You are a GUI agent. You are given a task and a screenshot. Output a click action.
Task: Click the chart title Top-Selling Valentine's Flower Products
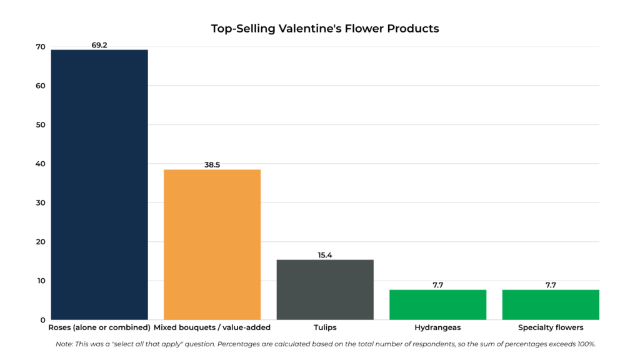point(325,29)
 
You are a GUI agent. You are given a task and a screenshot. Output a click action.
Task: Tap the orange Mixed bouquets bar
point(212,244)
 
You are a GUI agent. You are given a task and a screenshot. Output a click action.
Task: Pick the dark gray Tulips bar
point(325,289)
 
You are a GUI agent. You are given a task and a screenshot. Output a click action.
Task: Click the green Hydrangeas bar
point(437,304)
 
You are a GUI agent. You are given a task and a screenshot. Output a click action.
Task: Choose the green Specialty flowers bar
point(551,304)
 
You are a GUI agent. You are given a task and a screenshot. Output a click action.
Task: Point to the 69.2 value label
point(99,45)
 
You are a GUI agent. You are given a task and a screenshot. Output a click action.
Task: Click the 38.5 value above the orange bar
point(212,165)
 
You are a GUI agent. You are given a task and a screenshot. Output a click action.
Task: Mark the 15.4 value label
point(325,255)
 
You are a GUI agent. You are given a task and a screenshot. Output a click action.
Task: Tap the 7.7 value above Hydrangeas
point(437,285)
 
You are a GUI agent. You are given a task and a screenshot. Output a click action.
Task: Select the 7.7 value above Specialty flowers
point(551,285)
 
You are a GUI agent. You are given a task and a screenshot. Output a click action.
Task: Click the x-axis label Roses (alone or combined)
point(99,327)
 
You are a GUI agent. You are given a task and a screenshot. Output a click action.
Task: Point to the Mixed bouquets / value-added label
point(212,327)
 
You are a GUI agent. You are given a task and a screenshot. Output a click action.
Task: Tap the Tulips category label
point(325,327)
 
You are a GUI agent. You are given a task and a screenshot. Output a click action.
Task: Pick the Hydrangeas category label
point(437,327)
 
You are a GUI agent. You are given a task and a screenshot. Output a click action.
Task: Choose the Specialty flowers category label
point(551,327)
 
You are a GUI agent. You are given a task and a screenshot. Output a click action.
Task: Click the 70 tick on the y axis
point(41,47)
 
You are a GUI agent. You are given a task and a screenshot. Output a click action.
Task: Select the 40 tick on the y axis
point(41,164)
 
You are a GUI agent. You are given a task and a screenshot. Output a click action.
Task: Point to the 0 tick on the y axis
point(42,320)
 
